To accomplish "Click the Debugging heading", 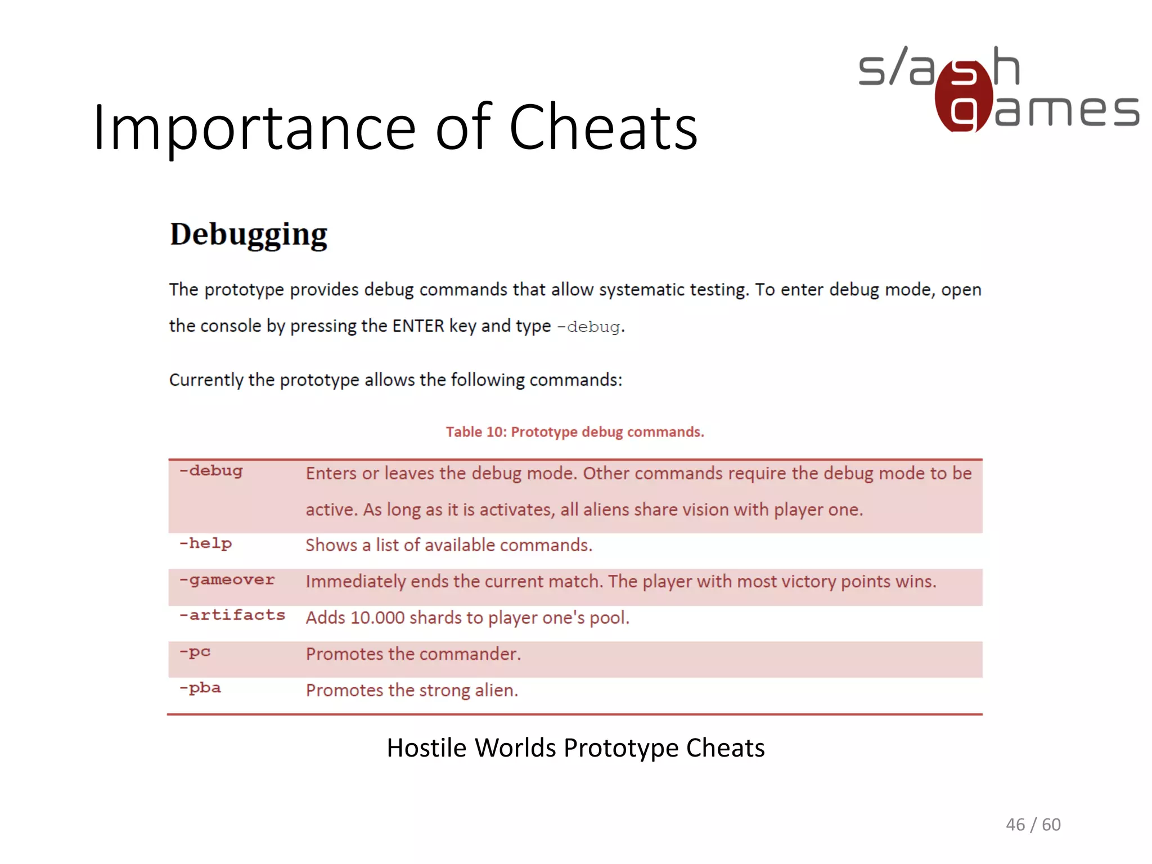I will tap(248, 235).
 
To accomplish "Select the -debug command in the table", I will tap(211, 471).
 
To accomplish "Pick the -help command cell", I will tap(205, 544).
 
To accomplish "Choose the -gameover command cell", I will tap(227, 580).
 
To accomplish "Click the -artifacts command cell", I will tap(232, 615).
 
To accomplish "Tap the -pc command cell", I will tap(195, 652).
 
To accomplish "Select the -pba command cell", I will tap(200, 688).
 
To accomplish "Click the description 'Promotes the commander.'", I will tap(413, 654).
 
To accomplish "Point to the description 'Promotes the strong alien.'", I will tap(412, 690).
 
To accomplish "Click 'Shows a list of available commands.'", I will tap(448, 546).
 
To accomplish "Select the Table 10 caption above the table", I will tap(574, 432).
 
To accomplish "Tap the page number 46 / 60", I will tap(1033, 825).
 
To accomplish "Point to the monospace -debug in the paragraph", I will tap(589, 327).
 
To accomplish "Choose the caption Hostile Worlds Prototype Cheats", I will tap(575, 748).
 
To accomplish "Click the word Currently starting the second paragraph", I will tap(206, 380).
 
